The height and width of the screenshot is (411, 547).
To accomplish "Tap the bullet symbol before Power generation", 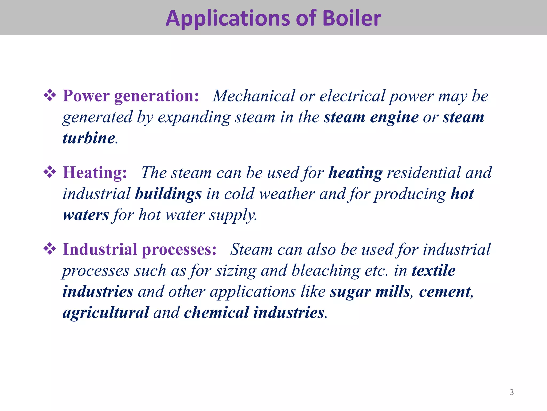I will coord(50,95).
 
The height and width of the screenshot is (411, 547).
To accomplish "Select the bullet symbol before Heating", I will coord(50,172).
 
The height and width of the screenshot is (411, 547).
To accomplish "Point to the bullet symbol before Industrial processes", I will coord(50,249).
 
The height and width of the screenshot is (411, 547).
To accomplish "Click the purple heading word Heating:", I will coord(95,173).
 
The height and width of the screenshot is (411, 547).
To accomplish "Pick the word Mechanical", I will coord(253,96).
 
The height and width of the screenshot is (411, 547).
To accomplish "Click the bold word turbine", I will coord(89,138).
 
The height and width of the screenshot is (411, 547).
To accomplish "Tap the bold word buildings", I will coord(168,194).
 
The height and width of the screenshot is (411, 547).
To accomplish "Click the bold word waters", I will coord(86,215).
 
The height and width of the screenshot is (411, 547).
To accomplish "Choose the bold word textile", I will coord(433,271).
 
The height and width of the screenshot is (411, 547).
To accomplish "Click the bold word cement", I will coord(445,292).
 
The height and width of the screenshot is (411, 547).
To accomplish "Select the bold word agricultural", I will coord(106,313).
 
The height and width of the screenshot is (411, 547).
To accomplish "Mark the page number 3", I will coord(511,392).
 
